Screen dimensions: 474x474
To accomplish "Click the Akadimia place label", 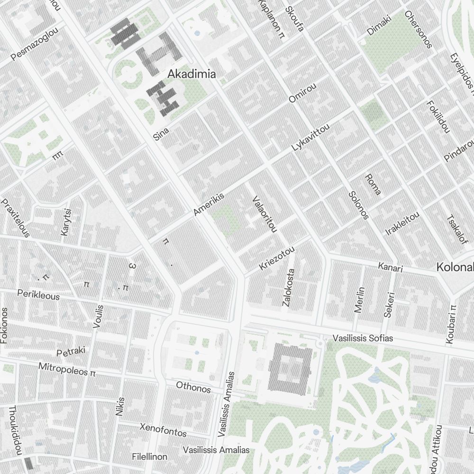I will pos(192,74).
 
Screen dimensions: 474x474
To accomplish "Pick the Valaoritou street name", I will pos(264,214).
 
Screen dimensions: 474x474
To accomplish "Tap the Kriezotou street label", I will pos(277,259).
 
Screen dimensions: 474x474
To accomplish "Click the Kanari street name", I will pos(390,267).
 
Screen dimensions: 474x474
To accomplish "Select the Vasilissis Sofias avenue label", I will pos(363,338).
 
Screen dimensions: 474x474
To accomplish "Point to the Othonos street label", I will pos(193,387).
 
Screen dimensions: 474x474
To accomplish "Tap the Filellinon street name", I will pos(150,457).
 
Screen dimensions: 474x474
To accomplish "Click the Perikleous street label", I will pos(38,295).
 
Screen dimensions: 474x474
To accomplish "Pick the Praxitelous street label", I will pos(16,218).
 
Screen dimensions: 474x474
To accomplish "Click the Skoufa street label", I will pos(294,18).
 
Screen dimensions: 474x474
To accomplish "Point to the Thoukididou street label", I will pos(15,430).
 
